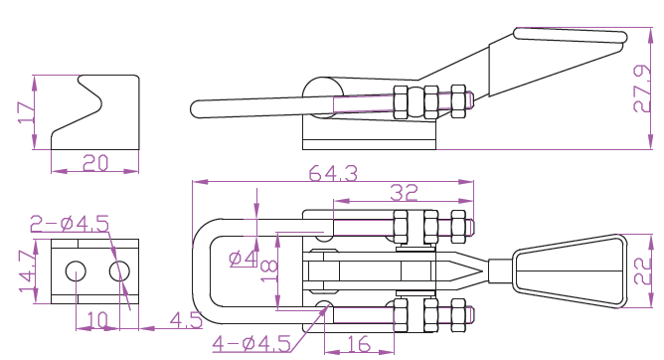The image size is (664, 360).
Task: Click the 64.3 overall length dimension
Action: click(x=333, y=173)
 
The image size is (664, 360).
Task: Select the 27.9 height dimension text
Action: click(x=642, y=89)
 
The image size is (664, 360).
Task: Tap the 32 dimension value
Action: click(x=404, y=192)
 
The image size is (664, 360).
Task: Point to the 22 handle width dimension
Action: click(x=642, y=271)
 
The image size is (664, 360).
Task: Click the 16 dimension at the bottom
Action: click(x=359, y=344)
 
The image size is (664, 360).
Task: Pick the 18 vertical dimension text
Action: click(x=269, y=271)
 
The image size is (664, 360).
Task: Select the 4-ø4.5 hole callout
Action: click(x=251, y=343)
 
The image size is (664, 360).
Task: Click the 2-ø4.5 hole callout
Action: click(x=70, y=223)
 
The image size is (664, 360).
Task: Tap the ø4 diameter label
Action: click(x=243, y=259)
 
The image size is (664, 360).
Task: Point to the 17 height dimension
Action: click(x=26, y=112)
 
